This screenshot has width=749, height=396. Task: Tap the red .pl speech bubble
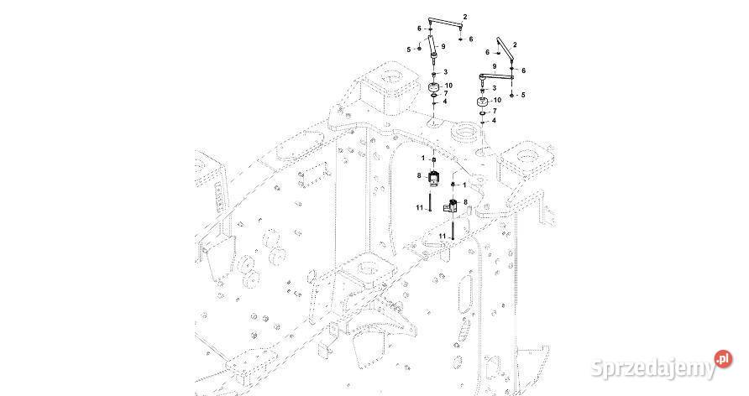coord(721,360)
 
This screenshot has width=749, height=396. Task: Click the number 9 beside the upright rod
coord(443,46)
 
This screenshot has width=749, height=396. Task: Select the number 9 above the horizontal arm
coord(495,66)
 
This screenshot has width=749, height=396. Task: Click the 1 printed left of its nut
coord(423,159)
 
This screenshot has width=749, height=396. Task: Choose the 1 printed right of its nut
coord(464,184)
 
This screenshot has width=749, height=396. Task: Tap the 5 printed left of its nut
coord(409,49)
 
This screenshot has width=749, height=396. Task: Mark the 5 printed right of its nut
coord(522,95)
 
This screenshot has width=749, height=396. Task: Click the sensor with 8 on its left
coord(434,179)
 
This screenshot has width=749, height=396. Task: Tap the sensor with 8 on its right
coord(453,206)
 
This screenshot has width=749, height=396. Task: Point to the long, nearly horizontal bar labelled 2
coord(447,23)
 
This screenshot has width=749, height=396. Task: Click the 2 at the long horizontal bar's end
coord(465,17)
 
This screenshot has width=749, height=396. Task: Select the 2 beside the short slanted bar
coord(515,44)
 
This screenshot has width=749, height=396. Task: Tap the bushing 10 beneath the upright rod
coord(433,90)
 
